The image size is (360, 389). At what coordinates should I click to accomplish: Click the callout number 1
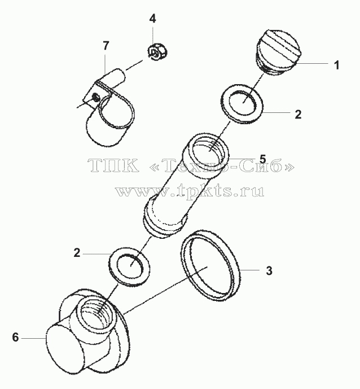coord(336,65)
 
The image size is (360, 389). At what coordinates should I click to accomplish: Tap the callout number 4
coord(153,19)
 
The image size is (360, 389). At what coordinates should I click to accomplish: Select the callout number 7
coord(106,46)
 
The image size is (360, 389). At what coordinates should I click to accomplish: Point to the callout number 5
coord(263,159)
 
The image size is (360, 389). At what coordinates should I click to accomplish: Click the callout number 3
coord(269,270)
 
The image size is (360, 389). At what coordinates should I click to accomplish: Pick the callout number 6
coord(15,338)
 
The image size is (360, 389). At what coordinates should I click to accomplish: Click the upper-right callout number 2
coord(298,115)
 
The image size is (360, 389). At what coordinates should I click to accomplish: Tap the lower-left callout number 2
coord(77,253)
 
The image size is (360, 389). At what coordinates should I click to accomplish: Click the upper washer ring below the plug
coord(242,103)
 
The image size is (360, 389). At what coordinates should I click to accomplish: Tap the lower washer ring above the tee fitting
coord(129,265)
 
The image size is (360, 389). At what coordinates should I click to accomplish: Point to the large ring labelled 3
coord(210,265)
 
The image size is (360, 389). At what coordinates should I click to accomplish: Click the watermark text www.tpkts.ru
coord(190,191)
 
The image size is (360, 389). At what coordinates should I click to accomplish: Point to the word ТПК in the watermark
coord(113,165)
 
